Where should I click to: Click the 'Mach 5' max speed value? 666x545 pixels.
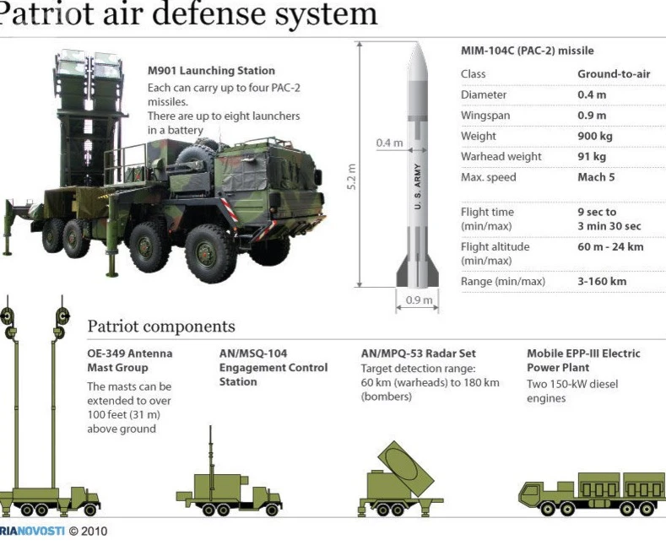click(x=596, y=177)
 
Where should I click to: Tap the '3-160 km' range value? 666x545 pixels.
click(x=602, y=281)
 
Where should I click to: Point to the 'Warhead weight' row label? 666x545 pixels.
click(x=501, y=157)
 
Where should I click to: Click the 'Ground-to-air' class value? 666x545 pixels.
click(x=614, y=74)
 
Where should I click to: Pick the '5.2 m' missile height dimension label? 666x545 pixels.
click(x=351, y=177)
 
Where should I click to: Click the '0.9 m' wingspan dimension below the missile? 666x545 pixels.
click(x=419, y=300)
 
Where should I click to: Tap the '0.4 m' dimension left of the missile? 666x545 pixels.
click(x=389, y=143)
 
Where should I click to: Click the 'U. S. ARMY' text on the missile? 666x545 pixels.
click(x=418, y=186)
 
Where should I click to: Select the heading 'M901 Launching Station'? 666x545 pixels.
click(x=211, y=71)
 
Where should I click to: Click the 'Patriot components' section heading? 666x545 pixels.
click(x=161, y=326)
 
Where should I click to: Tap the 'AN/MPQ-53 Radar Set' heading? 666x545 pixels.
click(x=419, y=353)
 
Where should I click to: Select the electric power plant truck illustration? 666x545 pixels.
click(x=592, y=494)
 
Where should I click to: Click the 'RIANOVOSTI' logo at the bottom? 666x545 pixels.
click(x=32, y=531)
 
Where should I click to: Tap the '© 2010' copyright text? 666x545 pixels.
click(x=89, y=531)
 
